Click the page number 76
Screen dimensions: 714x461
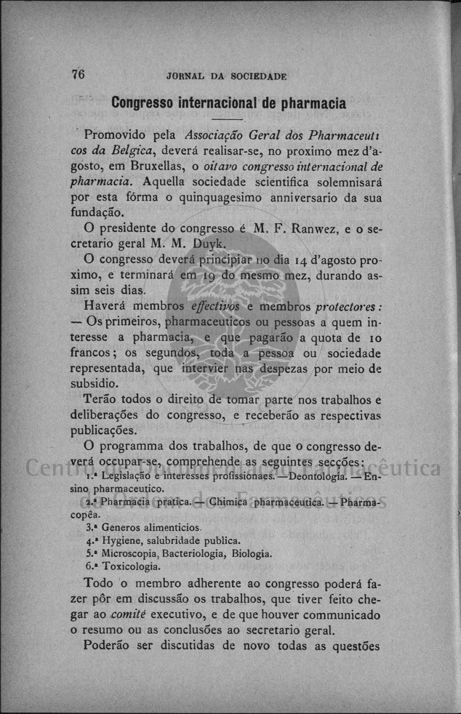click(x=79, y=74)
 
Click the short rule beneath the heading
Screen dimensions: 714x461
click(x=228, y=119)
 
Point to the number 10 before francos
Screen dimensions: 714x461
click(x=374, y=337)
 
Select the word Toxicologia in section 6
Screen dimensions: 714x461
click(x=131, y=566)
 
